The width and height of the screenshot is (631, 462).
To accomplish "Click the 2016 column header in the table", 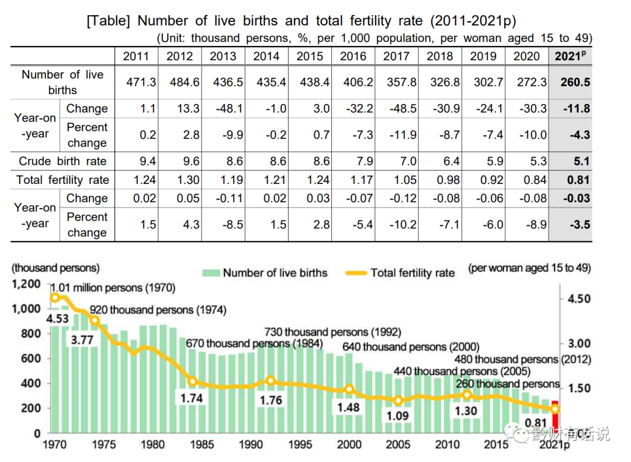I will point(353,56).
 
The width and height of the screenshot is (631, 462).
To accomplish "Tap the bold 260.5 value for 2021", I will point(574,82).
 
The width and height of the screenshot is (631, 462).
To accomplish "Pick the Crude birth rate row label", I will point(63,161).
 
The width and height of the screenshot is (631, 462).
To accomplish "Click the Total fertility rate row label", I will point(63,180).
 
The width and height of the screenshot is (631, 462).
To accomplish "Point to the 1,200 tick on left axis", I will point(26,284).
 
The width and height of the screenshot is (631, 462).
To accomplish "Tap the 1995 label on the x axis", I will point(300,444).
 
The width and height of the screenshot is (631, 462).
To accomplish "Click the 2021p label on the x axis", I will point(554,444).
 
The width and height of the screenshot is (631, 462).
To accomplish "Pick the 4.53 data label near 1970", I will point(58,319).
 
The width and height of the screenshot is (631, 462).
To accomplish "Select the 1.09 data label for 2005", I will point(398,416).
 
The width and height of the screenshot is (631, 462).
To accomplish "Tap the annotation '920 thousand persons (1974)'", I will point(158,310).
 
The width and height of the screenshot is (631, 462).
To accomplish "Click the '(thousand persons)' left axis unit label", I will point(56,269).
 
